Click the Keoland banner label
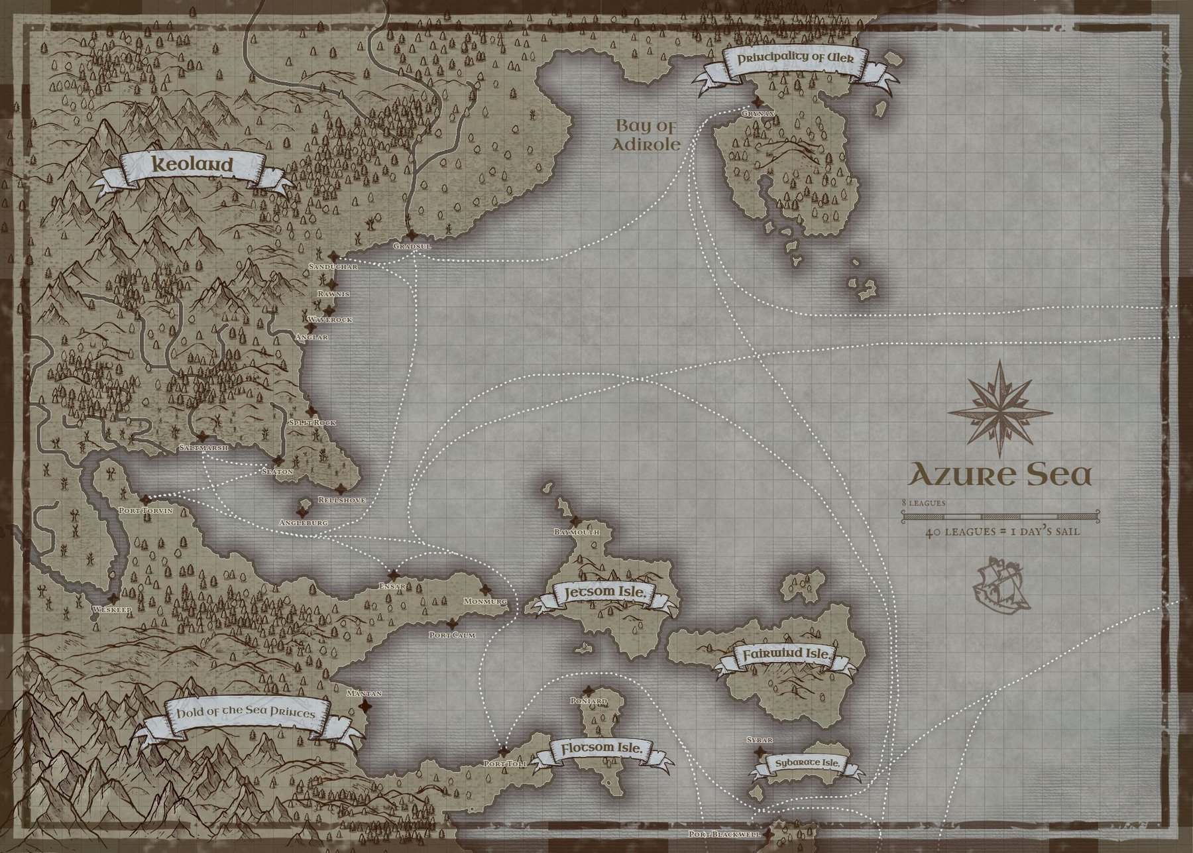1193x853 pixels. pos(193,165)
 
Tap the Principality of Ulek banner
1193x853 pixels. pos(793,58)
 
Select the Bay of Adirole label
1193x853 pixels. pos(648,135)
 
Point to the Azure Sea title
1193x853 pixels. pos(999,475)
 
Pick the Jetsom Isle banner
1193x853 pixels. pos(603,594)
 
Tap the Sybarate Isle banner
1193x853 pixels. pos(807,764)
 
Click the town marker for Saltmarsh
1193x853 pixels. pos(201,437)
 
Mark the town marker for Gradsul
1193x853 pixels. pos(412,235)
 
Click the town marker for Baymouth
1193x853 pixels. pos(575,521)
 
